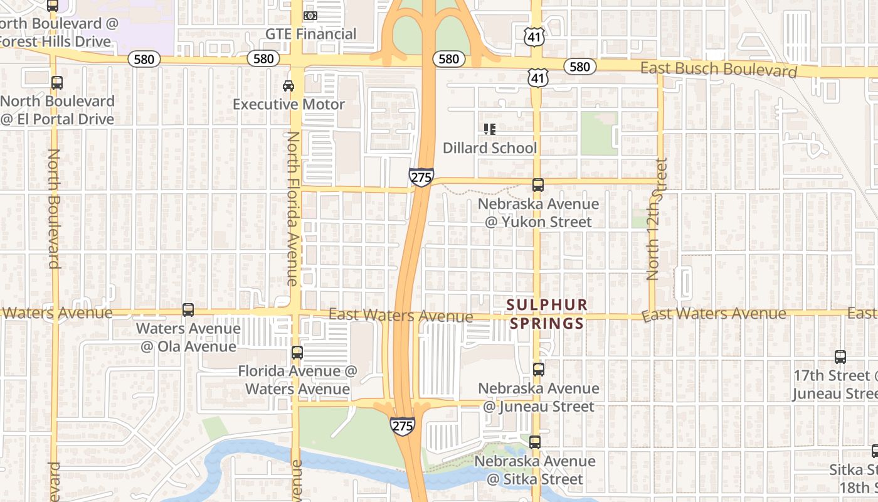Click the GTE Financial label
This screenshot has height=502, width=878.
click(310, 34)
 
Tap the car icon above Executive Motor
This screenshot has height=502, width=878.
click(288, 85)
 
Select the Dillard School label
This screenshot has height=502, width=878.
click(489, 148)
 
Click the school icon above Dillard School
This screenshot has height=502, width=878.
click(489, 129)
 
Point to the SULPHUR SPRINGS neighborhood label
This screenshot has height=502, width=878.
click(547, 314)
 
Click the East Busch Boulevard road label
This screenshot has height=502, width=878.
click(718, 69)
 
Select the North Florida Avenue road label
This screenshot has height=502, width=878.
click(293, 208)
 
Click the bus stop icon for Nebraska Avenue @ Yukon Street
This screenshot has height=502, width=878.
click(537, 185)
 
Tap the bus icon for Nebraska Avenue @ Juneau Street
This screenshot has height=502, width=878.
click(538, 370)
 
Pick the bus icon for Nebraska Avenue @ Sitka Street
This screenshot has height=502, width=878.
click(534, 442)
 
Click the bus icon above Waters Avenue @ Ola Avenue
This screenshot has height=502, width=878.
click(188, 309)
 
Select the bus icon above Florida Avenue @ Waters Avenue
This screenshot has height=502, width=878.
click(297, 353)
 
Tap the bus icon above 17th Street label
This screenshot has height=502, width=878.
click(840, 357)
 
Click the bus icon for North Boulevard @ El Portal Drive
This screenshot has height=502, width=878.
click(56, 82)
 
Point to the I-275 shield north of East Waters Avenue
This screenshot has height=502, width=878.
click(421, 178)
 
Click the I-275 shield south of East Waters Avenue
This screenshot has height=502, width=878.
click(402, 426)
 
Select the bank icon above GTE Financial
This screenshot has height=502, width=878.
click(310, 15)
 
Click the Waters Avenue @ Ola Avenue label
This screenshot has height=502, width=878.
click(188, 337)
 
